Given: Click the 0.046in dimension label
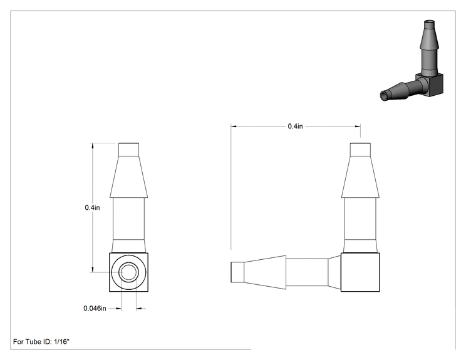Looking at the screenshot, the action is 95,308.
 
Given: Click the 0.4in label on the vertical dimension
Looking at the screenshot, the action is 93,208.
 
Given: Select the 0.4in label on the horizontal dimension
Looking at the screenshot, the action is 296,126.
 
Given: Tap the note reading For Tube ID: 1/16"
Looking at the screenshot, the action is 41,342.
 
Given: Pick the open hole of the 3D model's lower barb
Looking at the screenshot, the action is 385,96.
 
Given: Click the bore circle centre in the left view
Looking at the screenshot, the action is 128,272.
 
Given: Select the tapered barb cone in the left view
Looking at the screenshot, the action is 128,177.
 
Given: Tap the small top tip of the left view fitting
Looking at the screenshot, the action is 128,150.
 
